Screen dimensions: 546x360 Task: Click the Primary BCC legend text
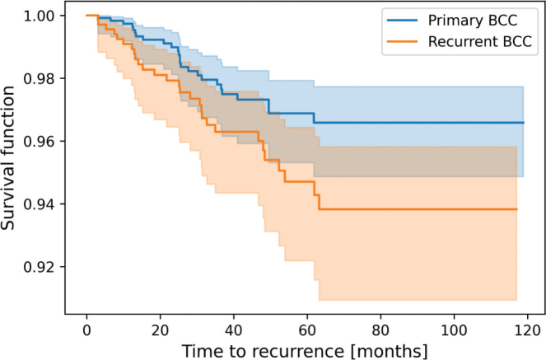point(473,21)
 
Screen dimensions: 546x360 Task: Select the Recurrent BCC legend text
point(480,41)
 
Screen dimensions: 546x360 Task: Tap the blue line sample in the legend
point(402,21)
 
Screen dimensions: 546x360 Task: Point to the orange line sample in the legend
point(402,42)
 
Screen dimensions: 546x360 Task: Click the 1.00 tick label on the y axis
point(39,16)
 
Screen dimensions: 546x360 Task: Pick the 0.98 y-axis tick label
point(39,79)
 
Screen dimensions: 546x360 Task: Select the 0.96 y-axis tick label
point(39,142)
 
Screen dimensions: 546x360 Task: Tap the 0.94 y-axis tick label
point(39,204)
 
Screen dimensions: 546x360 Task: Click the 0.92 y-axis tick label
point(39,267)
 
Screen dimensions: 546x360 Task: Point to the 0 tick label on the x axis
point(86,330)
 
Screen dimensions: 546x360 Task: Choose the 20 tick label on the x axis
point(161,330)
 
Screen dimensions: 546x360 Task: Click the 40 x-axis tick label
point(234,330)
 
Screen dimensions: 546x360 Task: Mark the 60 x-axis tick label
point(307,330)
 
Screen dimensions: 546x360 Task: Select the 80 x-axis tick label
point(380,330)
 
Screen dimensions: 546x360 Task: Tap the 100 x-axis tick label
point(454,330)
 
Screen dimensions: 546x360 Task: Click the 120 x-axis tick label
point(528,330)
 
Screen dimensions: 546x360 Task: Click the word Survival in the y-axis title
point(7,198)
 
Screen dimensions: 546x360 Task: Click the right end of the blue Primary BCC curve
point(524,123)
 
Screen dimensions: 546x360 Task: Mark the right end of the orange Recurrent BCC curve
point(516,209)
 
